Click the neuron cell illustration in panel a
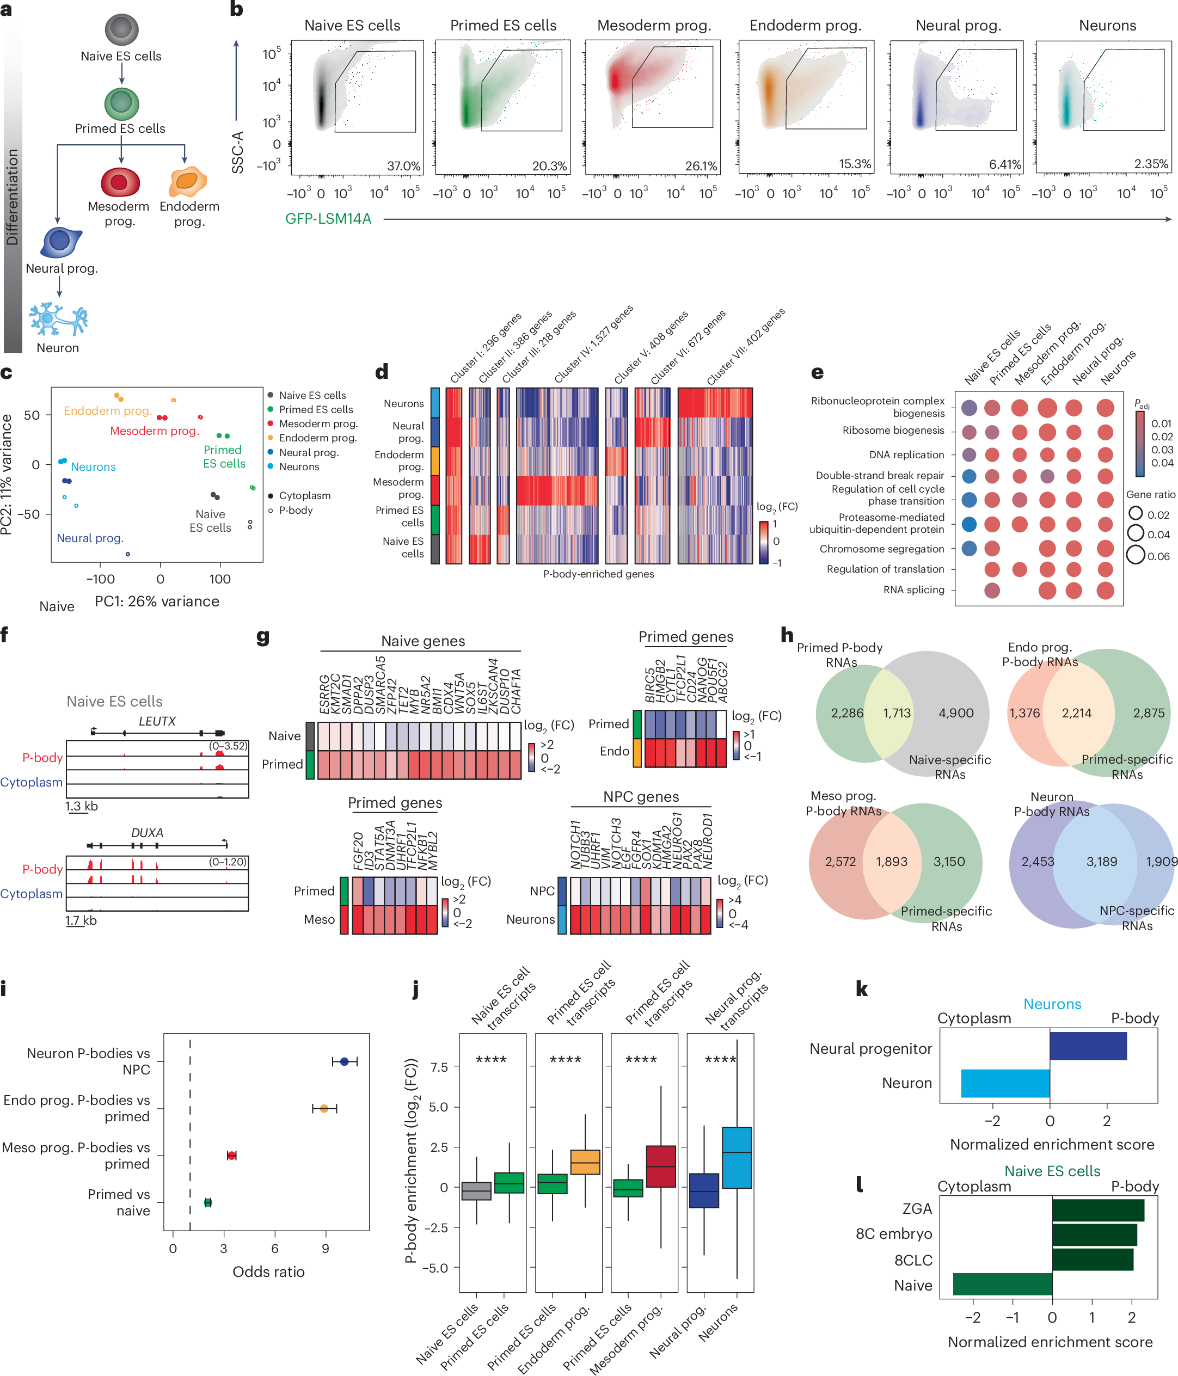[x=58, y=320]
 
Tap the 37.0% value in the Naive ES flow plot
[x=403, y=165]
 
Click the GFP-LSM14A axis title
[x=328, y=218]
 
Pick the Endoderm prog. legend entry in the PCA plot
[x=317, y=438]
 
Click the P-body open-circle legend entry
[x=296, y=510]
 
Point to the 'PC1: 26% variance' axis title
[x=157, y=601]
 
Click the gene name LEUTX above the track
[x=157, y=721]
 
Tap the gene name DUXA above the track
[x=147, y=833]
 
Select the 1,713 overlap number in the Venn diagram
[x=897, y=713]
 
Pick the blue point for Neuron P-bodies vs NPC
[x=344, y=1062]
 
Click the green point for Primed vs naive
[x=208, y=1202]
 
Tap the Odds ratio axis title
[x=268, y=1271]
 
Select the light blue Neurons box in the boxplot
[x=737, y=1158]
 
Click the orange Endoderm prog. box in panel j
[x=585, y=1162]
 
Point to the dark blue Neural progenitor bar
[x=1088, y=1046]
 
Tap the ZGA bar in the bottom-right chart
[x=1097, y=1210]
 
